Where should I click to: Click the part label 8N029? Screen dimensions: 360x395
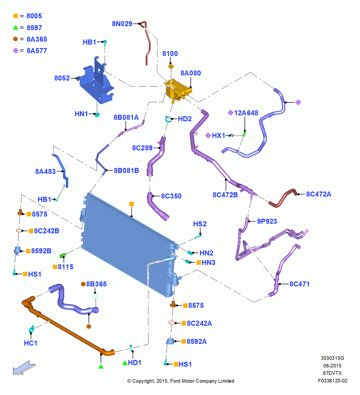(122, 24)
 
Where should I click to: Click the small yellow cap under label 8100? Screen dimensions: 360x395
(171, 66)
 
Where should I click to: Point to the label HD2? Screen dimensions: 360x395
(185, 119)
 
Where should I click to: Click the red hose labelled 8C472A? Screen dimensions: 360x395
(283, 198)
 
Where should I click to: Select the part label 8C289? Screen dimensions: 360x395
(142, 148)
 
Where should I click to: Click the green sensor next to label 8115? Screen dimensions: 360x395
(63, 256)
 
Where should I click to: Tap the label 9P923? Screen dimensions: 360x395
(267, 222)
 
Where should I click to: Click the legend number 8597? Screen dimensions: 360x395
(34, 28)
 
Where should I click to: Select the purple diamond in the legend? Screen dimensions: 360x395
(16, 51)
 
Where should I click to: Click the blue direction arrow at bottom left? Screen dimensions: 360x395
(24, 367)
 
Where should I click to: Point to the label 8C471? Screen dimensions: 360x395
(299, 284)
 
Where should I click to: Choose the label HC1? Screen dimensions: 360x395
(30, 343)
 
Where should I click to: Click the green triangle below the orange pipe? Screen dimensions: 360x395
(101, 366)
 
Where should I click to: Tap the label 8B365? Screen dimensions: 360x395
(96, 284)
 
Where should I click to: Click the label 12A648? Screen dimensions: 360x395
(246, 113)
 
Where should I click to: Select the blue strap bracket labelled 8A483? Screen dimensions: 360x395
(61, 170)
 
